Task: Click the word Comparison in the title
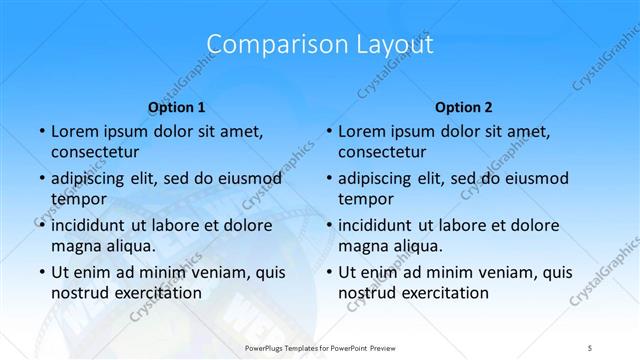pyautogui.click(x=266, y=45)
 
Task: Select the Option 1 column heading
pyautogui.click(x=176, y=107)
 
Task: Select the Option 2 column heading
pyautogui.click(x=464, y=107)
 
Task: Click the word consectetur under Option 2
pyautogui.click(x=382, y=153)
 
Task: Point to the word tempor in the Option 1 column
pyautogui.click(x=77, y=199)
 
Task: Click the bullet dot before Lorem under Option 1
pyautogui.click(x=41, y=132)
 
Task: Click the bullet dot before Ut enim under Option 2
pyautogui.click(x=329, y=272)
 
